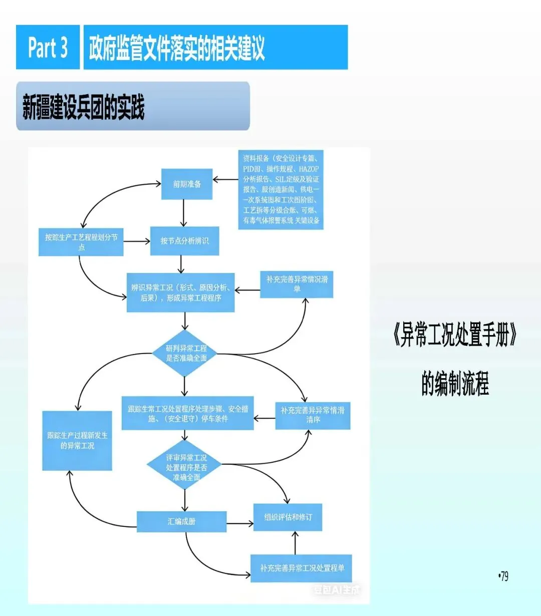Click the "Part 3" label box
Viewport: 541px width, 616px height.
click(x=48, y=48)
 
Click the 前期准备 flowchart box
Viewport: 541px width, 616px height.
click(x=187, y=184)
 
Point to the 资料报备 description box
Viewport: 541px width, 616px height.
click(x=281, y=189)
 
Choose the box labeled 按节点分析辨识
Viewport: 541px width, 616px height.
click(x=184, y=241)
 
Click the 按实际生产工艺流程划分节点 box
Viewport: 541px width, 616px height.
click(x=81, y=242)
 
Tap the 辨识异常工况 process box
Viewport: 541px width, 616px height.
click(x=180, y=292)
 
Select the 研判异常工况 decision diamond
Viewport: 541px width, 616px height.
click(x=186, y=353)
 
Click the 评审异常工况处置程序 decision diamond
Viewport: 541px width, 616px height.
click(x=185, y=467)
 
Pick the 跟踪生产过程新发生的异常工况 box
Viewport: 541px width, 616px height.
click(x=77, y=441)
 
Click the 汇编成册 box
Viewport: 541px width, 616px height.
click(x=181, y=521)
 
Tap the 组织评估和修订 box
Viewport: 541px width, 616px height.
click(x=288, y=517)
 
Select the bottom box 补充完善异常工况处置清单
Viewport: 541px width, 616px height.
click(x=301, y=568)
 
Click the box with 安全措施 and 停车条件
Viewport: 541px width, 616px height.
click(x=187, y=414)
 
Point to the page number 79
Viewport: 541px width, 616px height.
click(x=503, y=576)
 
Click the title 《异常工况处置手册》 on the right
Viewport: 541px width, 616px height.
click(x=455, y=335)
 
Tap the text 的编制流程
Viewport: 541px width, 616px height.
click(x=455, y=384)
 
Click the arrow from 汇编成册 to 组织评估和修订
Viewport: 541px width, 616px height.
click(x=240, y=524)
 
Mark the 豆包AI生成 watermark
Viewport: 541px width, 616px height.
click(x=337, y=590)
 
